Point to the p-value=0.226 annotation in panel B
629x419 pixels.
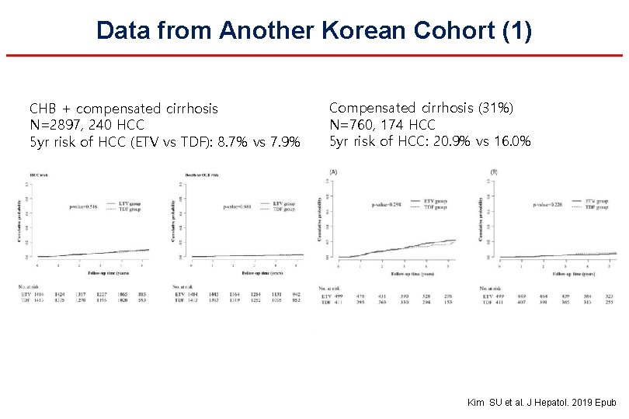click(x=548, y=205)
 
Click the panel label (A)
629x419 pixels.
click(x=333, y=171)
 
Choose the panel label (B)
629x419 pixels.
click(x=494, y=171)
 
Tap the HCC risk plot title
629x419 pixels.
click(x=40, y=175)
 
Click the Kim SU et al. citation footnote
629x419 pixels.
click(x=541, y=403)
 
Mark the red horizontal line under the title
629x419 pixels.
click(x=314, y=56)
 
